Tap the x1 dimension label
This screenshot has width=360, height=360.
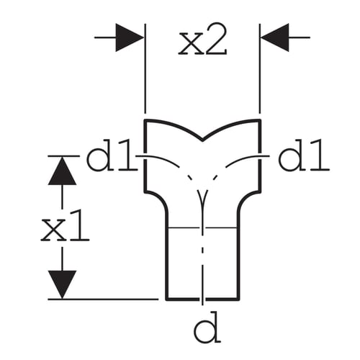click(x=65, y=225)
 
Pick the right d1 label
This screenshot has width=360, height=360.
click(x=304, y=156)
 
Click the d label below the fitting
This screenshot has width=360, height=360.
click(x=207, y=328)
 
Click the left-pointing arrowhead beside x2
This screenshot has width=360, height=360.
click(x=275, y=37)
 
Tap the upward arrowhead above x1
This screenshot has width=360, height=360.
click(x=62, y=171)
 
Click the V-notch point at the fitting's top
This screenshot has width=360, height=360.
click(x=203, y=140)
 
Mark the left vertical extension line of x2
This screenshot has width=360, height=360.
click(x=145, y=68)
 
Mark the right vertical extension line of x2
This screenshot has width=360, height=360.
click(x=260, y=68)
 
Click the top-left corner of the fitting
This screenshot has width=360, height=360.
click(x=145, y=120)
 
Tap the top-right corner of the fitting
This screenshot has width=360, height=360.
click(x=260, y=120)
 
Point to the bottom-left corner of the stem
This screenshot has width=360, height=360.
click(x=167, y=299)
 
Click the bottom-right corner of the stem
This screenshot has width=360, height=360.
click(x=238, y=299)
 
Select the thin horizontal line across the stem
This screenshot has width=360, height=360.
click(x=203, y=228)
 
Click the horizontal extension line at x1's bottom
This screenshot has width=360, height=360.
click(x=103, y=300)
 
